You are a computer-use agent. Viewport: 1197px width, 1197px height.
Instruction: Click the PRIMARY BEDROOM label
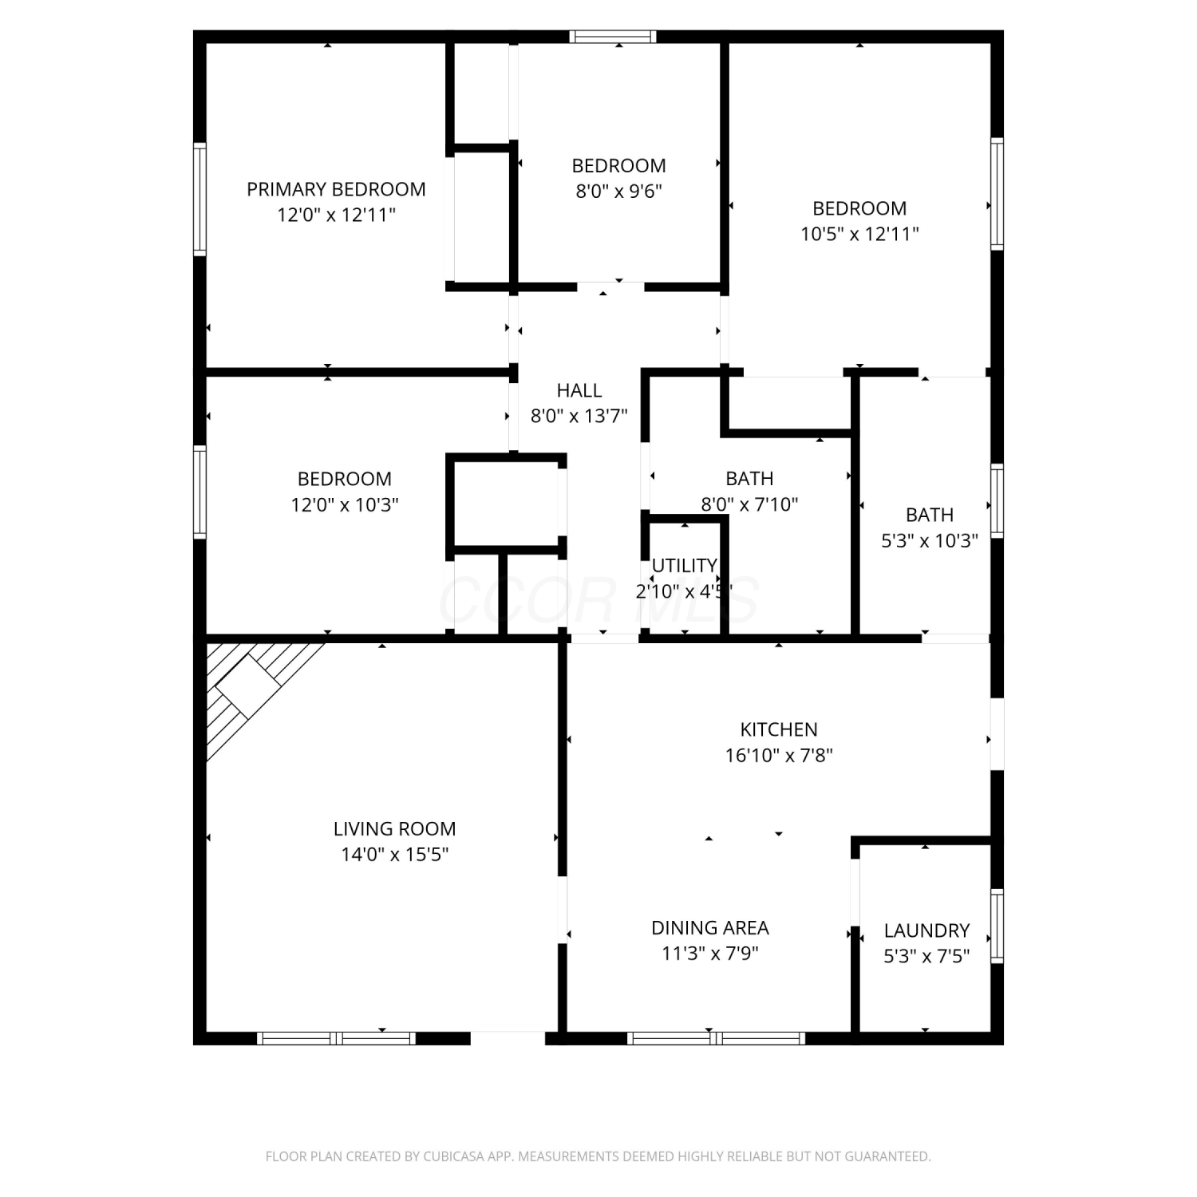tap(336, 190)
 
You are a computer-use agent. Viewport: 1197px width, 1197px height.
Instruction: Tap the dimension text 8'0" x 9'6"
tap(619, 192)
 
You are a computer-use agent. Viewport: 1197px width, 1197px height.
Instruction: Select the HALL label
tap(579, 390)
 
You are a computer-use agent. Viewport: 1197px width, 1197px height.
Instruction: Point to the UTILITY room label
tap(684, 566)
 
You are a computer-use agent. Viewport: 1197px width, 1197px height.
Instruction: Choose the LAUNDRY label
tap(926, 930)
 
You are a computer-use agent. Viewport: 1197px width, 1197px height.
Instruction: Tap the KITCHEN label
tap(779, 729)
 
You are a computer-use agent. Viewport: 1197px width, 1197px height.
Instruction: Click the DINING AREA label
tap(710, 928)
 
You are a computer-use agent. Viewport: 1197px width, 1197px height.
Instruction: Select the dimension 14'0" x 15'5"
tap(395, 855)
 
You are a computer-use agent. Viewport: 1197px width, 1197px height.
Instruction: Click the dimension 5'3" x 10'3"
tap(930, 541)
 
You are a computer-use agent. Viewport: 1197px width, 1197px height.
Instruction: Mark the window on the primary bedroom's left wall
tap(199, 199)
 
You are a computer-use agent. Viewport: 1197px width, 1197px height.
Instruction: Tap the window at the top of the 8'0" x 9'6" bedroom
tap(614, 36)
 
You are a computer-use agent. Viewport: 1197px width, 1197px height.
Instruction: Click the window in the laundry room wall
tap(997, 926)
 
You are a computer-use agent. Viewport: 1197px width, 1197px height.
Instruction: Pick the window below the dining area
tap(716, 1038)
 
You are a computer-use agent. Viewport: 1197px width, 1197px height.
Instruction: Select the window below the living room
tap(337, 1038)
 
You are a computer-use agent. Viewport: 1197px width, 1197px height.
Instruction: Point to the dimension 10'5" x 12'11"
tap(860, 235)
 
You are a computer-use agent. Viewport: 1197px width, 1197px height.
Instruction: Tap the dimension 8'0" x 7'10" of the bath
tap(749, 504)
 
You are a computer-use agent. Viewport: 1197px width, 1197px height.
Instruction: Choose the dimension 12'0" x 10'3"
tap(345, 505)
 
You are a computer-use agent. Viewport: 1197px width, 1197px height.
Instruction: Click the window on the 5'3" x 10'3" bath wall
tap(997, 500)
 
